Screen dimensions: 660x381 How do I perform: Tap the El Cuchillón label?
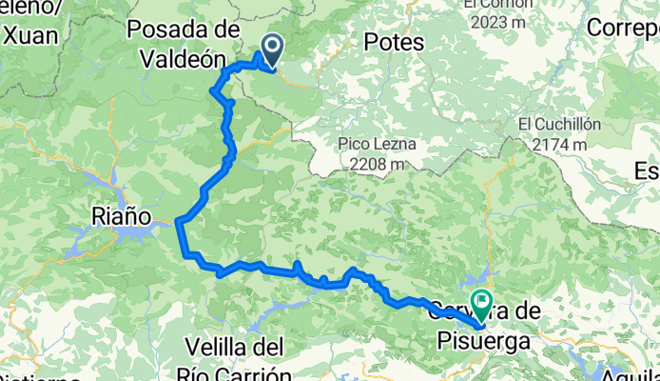(557, 124)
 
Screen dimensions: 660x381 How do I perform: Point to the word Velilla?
(217, 344)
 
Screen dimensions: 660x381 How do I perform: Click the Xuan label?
(31, 36)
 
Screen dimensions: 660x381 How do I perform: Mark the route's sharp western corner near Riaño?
(179, 223)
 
